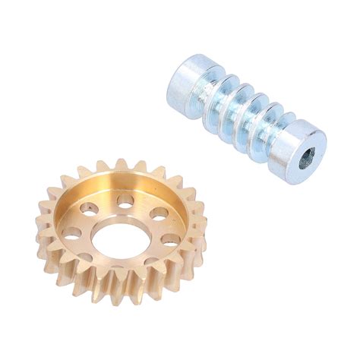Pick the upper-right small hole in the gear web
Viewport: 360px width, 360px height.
point(159,213)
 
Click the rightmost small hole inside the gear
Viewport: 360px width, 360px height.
point(171,238)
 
